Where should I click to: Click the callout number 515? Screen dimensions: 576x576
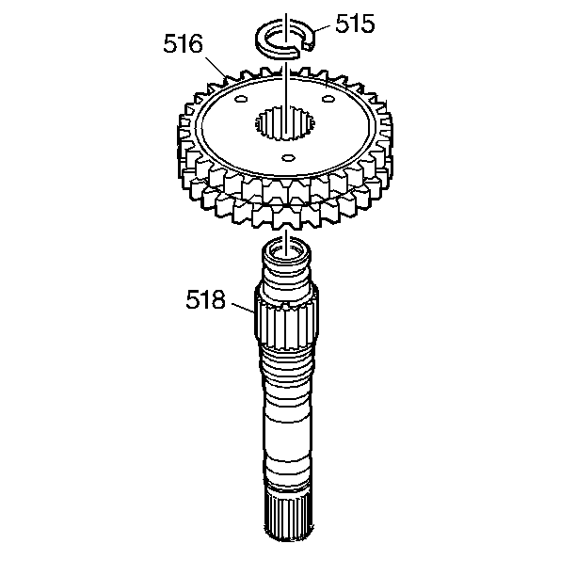[355, 24]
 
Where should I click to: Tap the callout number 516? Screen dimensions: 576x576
[183, 43]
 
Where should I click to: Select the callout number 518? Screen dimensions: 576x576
[206, 299]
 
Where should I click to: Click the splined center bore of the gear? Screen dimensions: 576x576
[285, 122]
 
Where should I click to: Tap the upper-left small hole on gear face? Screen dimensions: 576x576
[241, 99]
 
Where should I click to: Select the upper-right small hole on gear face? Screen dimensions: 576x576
[328, 99]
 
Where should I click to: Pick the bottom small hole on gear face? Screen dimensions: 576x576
[288, 158]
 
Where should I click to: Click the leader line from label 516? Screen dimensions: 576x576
[216, 68]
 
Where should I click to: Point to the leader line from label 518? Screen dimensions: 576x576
[243, 308]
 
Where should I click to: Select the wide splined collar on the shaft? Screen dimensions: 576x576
[286, 319]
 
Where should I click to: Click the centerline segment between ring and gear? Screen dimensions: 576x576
[286, 70]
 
